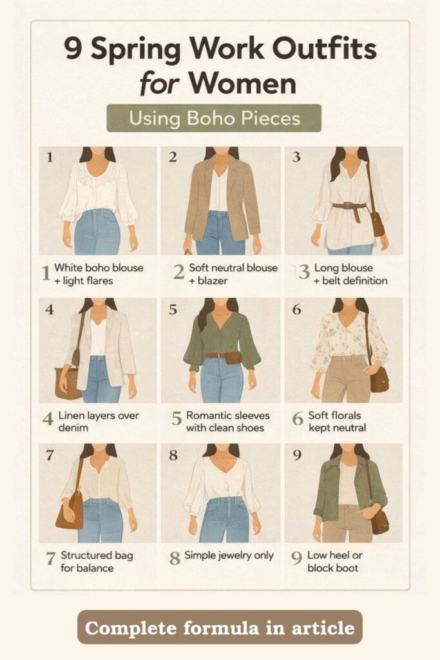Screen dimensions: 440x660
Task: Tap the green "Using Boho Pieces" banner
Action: coord(214,119)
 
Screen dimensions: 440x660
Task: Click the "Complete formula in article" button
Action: coord(220,627)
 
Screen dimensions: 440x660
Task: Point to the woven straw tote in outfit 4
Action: coord(67,382)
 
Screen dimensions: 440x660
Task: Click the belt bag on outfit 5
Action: coord(233,358)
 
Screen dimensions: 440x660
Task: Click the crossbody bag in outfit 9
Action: coord(380,521)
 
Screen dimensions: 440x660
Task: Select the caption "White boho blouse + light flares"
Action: coord(99,274)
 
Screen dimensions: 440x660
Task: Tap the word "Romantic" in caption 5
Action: coord(208,416)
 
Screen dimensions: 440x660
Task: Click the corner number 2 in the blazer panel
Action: coord(173,157)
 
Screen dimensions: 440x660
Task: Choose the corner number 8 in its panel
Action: coord(173,455)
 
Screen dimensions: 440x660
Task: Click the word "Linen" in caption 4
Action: coord(70,416)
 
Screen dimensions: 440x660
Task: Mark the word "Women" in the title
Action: coord(242,84)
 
